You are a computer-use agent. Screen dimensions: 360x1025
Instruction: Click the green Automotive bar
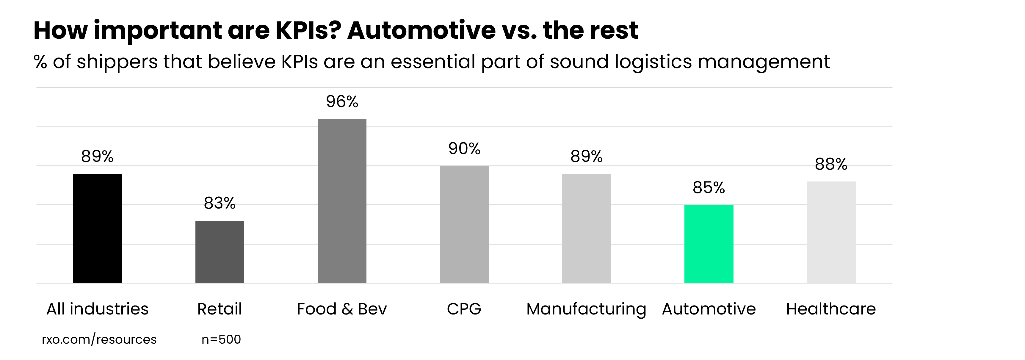[709, 244]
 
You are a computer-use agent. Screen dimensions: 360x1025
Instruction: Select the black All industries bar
[98, 228]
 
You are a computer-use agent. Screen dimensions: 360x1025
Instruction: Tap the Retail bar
[220, 252]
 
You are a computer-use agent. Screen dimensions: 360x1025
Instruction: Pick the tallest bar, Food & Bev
[342, 201]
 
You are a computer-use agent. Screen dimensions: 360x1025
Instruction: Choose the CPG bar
[464, 224]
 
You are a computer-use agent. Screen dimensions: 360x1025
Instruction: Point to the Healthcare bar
[831, 232]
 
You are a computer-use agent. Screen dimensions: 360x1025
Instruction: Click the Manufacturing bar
[587, 228]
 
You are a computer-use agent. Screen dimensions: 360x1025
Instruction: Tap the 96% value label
[342, 102]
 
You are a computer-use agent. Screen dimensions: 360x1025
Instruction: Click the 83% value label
[220, 203]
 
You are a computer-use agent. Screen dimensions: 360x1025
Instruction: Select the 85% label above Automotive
[709, 188]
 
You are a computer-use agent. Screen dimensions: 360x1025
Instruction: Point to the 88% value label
[831, 164]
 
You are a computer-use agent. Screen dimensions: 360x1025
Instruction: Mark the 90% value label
[464, 149]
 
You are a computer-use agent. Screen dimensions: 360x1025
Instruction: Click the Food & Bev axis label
[342, 309]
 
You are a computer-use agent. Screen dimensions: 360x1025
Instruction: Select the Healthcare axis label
[831, 309]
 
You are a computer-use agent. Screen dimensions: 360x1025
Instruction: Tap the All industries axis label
[98, 309]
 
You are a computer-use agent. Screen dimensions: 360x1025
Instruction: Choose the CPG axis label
[464, 309]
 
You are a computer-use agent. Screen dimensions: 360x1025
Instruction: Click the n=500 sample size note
[221, 339]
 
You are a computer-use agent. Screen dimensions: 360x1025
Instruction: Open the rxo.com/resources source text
[99, 339]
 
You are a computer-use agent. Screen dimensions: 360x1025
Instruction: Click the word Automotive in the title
[421, 30]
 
